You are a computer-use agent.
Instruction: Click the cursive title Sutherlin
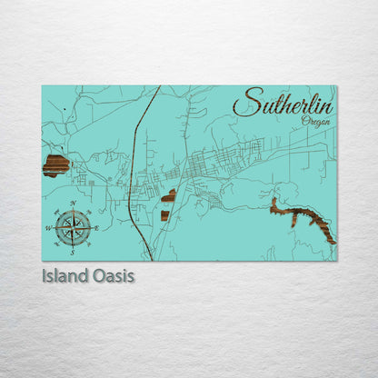(x=283, y=104)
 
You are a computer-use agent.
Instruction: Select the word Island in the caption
(x=65, y=275)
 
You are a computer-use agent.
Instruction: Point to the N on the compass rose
(x=73, y=204)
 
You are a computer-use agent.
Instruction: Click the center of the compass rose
(x=73, y=227)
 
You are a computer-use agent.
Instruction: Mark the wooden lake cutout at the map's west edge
(x=55, y=165)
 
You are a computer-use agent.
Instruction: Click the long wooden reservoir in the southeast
(x=303, y=217)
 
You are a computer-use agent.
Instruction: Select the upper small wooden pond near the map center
(x=169, y=194)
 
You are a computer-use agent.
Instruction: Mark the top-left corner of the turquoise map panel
(x=43, y=86)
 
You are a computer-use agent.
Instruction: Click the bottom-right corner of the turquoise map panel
(x=335, y=261)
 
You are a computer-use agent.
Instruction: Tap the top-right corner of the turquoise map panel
(x=335, y=86)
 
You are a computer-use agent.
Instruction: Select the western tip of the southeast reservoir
(x=272, y=200)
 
